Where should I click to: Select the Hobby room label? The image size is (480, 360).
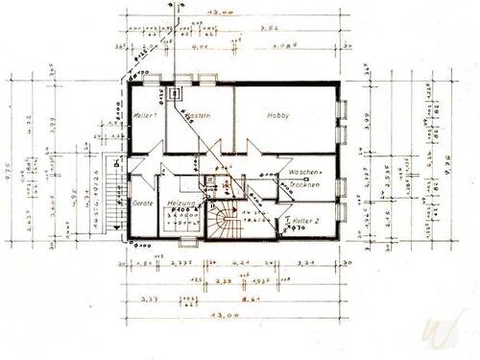278,114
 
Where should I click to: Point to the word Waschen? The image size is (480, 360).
303,173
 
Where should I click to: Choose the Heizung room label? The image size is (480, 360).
181,204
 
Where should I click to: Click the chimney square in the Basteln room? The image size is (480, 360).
176,94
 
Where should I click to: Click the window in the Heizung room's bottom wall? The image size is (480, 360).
179,242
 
